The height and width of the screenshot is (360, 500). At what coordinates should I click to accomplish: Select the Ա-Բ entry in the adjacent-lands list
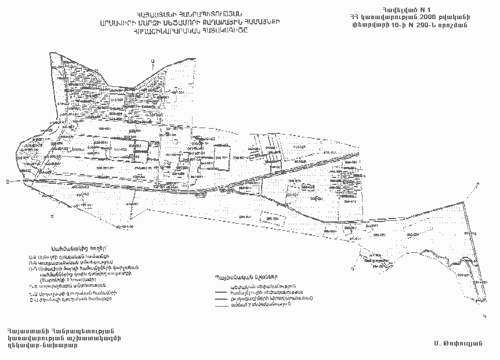[32, 256]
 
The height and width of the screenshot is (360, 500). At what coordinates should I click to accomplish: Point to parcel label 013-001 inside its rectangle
[116, 99]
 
